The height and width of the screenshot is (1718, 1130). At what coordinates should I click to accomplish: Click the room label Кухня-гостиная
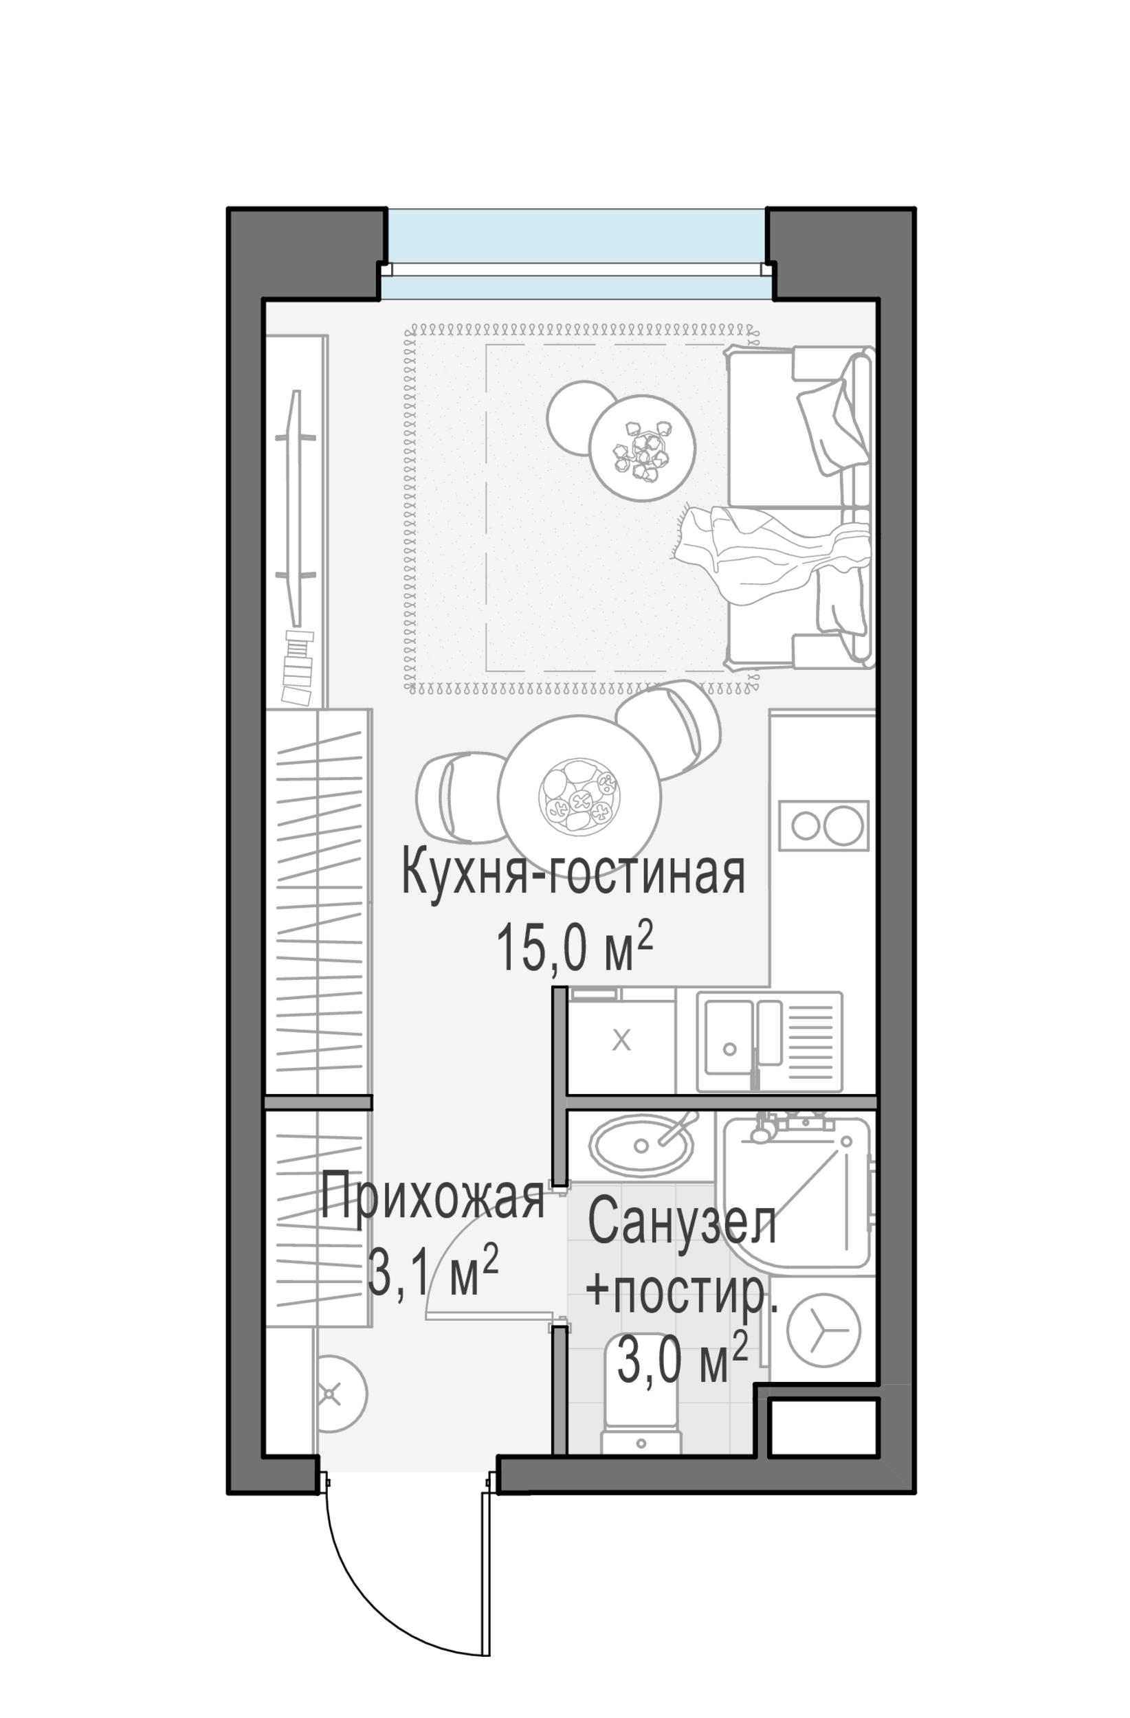click(572, 875)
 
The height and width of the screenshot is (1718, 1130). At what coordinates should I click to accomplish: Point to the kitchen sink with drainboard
click(768, 1042)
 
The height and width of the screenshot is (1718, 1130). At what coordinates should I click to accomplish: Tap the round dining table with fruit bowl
click(579, 796)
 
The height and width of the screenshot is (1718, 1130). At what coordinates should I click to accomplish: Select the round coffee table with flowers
click(641, 447)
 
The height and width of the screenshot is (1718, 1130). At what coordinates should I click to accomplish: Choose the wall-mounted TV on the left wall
click(295, 509)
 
